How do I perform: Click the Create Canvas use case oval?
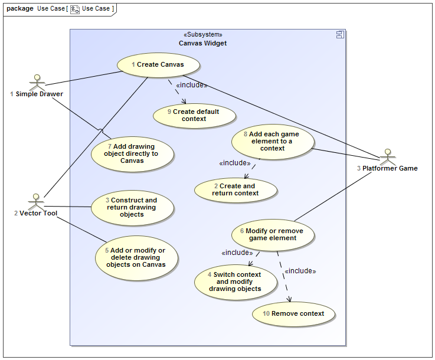coord(158,65)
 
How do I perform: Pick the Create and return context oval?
coord(236,189)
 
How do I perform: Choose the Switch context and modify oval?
coord(236,282)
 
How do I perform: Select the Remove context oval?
coord(294,313)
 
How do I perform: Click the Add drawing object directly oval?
coord(133,153)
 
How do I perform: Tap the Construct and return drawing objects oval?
coord(132,207)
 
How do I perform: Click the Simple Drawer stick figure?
coord(37,81)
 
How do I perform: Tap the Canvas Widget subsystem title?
coord(202,43)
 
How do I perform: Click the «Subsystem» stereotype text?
coord(203,34)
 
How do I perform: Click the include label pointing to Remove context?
coord(300,271)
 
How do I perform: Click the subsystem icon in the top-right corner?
coord(340,35)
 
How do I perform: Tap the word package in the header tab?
coord(19,9)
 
